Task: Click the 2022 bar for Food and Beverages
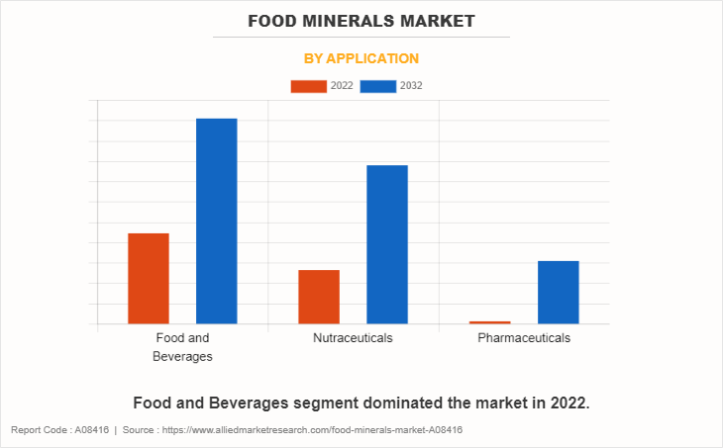[149, 278]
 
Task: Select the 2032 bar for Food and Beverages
[216, 221]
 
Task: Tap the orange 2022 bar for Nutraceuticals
[319, 296]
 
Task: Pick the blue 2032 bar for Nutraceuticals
[387, 244]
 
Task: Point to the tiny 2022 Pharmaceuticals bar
[489, 322]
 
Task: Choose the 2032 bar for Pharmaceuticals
[558, 292]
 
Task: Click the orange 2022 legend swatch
[308, 86]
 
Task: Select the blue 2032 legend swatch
[378, 86]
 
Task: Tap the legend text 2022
[342, 86]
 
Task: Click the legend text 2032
[411, 86]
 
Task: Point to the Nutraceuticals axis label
[353, 338]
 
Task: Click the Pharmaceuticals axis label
[524, 338]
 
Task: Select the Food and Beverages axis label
[182, 347]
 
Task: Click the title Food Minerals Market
[361, 20]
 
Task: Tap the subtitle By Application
[361, 58]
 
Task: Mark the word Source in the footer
[140, 430]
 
